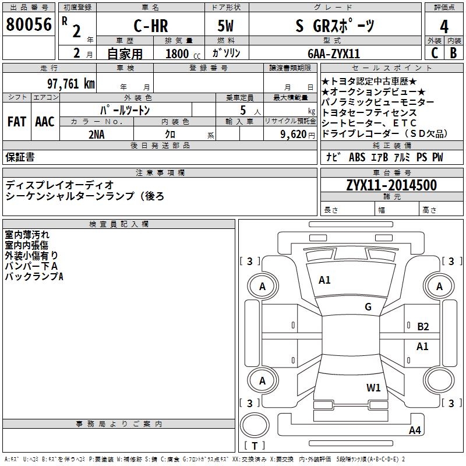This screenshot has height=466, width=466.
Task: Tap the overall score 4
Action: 444,26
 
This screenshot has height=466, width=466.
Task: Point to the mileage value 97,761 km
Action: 70,83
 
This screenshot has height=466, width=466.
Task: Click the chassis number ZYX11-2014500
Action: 391,185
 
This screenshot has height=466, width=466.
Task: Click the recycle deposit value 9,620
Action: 294,134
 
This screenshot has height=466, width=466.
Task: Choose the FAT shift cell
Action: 17,121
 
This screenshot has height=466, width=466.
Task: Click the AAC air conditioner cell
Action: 45,121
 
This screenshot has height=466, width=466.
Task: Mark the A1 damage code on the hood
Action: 324,280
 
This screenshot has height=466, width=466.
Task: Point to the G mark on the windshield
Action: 368,307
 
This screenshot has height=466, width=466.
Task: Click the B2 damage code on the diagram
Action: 423,327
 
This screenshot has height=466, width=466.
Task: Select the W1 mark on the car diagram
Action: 373,387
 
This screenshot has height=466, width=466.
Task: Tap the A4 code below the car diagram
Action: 415,430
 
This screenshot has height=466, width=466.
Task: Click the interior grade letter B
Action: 453,53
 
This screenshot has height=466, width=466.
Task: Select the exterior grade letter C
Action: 434,53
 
